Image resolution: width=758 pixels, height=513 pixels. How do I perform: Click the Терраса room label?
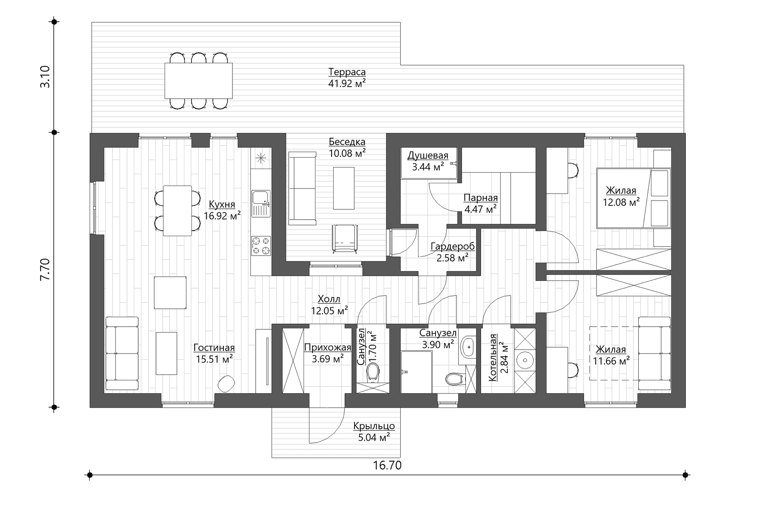(x=347, y=72)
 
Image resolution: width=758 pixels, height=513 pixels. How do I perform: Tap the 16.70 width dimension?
(x=387, y=465)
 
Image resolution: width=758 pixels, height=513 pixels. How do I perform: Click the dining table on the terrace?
(x=199, y=81)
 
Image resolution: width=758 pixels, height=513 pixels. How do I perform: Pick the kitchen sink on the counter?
(x=261, y=203)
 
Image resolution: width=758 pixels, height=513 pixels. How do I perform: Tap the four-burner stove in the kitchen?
(x=261, y=245)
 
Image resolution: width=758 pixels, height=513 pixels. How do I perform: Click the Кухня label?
(x=222, y=204)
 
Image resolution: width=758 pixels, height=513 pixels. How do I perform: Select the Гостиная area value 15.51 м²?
(x=214, y=359)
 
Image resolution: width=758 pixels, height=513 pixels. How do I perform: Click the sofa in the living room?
(x=122, y=353)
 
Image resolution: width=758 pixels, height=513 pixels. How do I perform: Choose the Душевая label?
(x=428, y=155)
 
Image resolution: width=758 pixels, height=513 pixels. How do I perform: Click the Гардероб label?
(x=452, y=246)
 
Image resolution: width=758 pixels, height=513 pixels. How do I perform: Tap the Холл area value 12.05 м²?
(x=329, y=311)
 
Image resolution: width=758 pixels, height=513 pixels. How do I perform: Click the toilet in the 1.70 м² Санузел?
(x=373, y=373)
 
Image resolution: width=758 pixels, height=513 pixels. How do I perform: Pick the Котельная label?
(x=492, y=358)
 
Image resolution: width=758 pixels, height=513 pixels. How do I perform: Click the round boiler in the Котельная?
(x=525, y=360)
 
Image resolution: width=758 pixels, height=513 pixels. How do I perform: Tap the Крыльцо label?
(x=374, y=426)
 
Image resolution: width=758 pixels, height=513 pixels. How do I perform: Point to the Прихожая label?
(x=328, y=348)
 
